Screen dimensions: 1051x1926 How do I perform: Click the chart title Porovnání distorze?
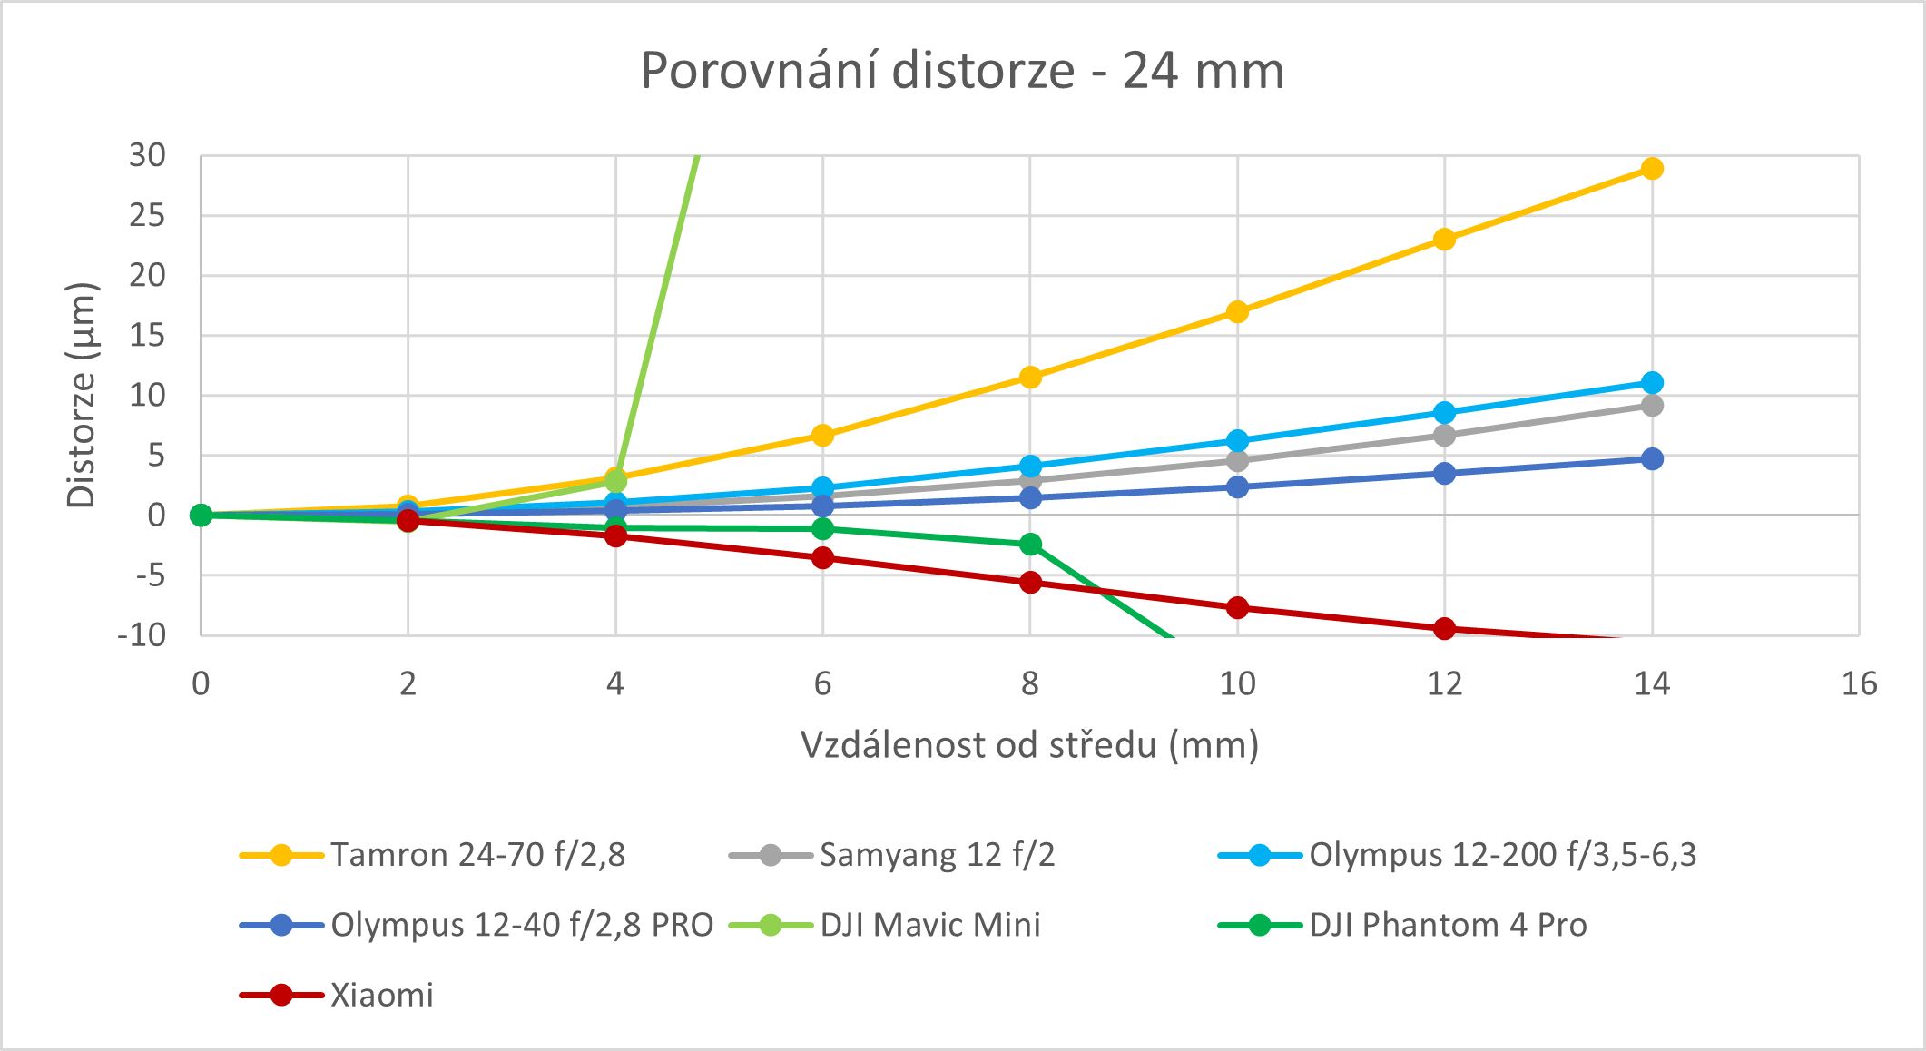tap(962, 71)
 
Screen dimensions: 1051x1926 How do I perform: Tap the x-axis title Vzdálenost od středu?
tap(1029, 745)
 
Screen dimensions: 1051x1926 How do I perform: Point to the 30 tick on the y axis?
tap(148, 156)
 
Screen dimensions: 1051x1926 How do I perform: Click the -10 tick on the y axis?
tap(142, 634)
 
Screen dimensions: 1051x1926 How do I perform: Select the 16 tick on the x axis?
tap(1859, 683)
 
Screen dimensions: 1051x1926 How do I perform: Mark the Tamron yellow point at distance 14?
tap(1652, 169)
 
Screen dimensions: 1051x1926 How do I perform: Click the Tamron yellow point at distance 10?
tap(1237, 312)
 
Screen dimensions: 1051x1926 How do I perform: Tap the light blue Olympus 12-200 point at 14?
tap(1652, 382)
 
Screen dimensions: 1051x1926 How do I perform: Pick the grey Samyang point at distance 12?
tap(1444, 436)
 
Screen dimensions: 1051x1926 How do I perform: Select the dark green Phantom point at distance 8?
tap(1030, 545)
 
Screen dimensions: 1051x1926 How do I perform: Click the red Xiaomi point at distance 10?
tap(1237, 607)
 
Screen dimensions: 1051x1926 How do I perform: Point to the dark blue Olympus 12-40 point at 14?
tap(1652, 459)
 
